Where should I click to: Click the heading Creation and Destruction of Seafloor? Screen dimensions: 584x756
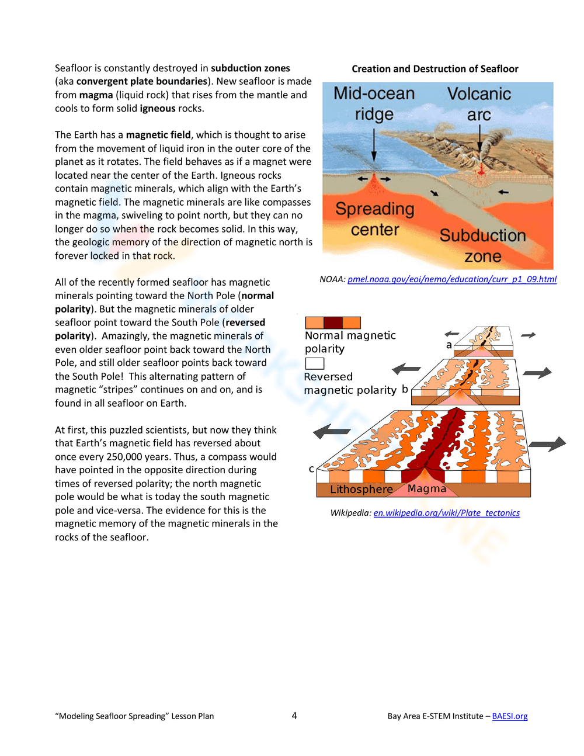[x=434, y=69]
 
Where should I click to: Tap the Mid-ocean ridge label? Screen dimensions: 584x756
[x=374, y=103]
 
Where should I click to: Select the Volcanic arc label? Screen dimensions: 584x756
[x=479, y=103]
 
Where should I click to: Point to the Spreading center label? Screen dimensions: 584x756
[x=375, y=219]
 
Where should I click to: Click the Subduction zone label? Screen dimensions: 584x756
[x=482, y=245]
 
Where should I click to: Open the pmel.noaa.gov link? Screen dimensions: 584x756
[x=452, y=279]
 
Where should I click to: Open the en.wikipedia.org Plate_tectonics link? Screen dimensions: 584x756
[x=446, y=513]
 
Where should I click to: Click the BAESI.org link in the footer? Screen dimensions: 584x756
[x=509, y=716]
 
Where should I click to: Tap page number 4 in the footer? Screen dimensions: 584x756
[x=294, y=716]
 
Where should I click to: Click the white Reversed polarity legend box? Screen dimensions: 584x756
[x=314, y=363]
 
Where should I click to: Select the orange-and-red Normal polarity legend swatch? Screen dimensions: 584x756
[x=333, y=322]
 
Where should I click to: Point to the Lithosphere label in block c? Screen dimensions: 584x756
[x=361, y=490]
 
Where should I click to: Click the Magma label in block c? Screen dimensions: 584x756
[x=426, y=488]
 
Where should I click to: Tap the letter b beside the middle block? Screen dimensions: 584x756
[x=405, y=389]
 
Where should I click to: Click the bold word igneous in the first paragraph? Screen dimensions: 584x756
[x=158, y=109]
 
